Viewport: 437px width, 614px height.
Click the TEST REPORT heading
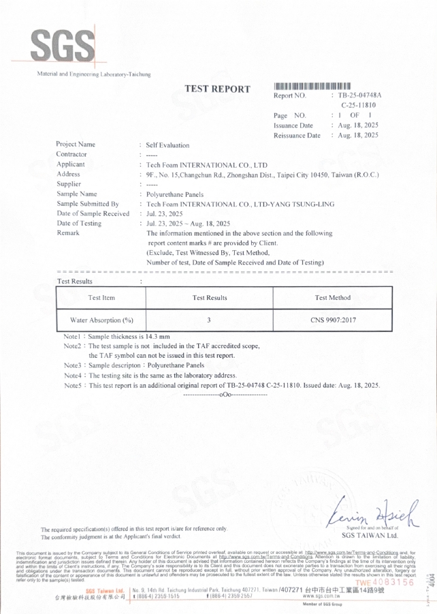pos(217,89)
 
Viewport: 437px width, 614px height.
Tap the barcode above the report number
pos(316,86)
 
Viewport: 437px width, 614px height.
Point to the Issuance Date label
pos(293,125)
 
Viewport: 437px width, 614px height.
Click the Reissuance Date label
pos(297,136)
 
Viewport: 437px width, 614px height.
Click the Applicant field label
pos(71,164)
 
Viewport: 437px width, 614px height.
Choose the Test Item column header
pos(101,298)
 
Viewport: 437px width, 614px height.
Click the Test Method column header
pos(333,298)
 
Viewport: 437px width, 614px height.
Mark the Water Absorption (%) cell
pos(101,320)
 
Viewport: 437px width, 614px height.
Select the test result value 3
pos(209,320)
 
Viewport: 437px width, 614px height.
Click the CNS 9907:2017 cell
pos(333,320)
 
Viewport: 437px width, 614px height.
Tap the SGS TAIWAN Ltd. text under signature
pos(369,536)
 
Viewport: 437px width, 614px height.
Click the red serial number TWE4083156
pos(383,581)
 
